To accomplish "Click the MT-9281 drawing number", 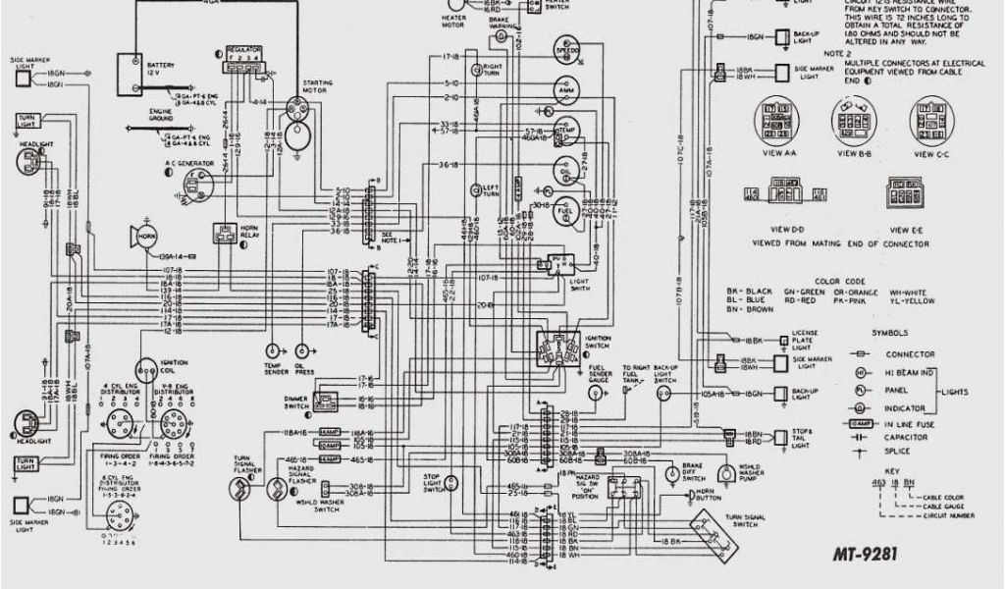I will (x=865, y=555).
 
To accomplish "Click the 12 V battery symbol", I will (x=131, y=71).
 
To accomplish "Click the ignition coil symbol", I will (x=146, y=371).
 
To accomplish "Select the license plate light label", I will (x=805, y=339).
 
